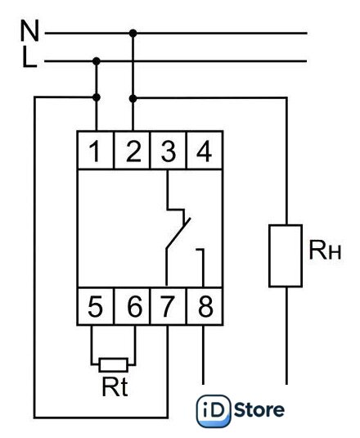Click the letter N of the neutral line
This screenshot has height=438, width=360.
point(29,31)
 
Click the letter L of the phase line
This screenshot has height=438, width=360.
point(29,57)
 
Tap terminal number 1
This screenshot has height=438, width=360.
point(95,151)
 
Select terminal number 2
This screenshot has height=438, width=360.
point(133,151)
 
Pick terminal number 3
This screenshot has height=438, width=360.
point(169,151)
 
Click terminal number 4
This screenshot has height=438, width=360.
point(205,151)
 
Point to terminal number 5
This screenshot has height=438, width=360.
point(95,306)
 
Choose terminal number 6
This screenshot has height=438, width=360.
point(134,306)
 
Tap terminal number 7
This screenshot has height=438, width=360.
point(168,306)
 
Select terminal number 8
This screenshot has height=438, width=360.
point(205,306)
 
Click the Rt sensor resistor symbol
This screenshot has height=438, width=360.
point(114,365)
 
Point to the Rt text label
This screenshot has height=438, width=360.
point(115,386)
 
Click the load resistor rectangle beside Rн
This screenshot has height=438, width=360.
point(286,255)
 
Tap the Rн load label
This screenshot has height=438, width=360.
point(325,250)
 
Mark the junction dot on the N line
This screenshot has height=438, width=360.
point(133,34)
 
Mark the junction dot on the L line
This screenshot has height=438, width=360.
point(97,61)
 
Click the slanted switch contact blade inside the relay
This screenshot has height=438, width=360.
point(178,233)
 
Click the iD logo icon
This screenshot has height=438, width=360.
point(214,411)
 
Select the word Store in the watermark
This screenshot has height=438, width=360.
point(259,410)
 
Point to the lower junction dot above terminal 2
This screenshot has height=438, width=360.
point(133,98)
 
